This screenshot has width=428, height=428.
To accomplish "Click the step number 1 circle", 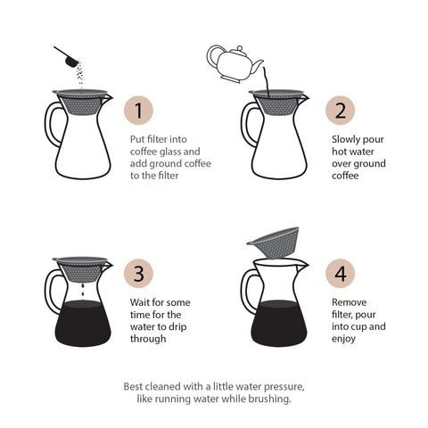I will pyautogui.click(x=138, y=111).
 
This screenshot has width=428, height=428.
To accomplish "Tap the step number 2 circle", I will pyautogui.click(x=340, y=111).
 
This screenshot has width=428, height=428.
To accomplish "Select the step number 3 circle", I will pyautogui.click(x=138, y=274).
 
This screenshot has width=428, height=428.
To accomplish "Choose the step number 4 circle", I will pyautogui.click(x=340, y=274).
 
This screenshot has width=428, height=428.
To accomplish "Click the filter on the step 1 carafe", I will pyautogui.click(x=83, y=103).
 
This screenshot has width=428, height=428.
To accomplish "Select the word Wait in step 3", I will pyautogui.click(x=143, y=302).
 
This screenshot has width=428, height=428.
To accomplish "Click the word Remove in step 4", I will pyautogui.click(x=350, y=302).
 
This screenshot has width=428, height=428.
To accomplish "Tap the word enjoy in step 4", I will pyautogui.click(x=345, y=339).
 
